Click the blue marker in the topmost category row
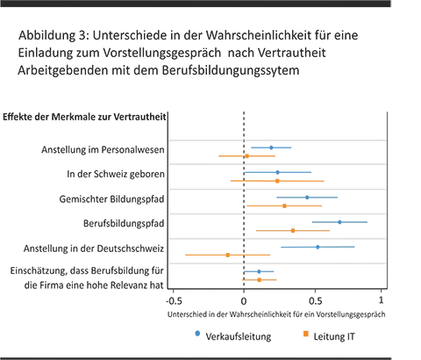[270, 147]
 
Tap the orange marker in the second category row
[277, 181]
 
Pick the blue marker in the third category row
[305, 196]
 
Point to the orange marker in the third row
[284, 206]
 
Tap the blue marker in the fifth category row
[318, 246]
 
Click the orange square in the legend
[305, 335]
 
